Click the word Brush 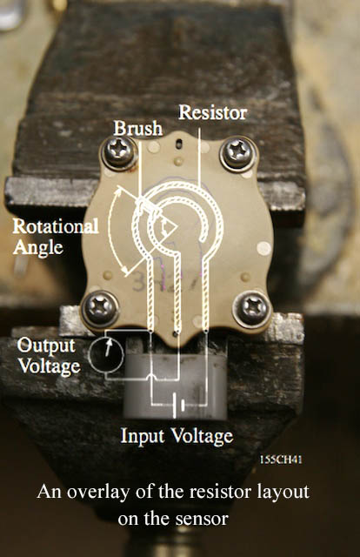click(137, 128)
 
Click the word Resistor click(213, 112)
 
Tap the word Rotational click(56, 226)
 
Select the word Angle click(38, 247)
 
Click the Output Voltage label click(49, 356)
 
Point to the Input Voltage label click(177, 436)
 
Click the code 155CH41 click(281, 460)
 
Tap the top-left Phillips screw click(119, 152)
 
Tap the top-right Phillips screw click(238, 153)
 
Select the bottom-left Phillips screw click(101, 307)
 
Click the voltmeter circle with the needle click(106, 355)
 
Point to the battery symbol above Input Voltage click(178, 405)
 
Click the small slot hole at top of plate click(180, 143)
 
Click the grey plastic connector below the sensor click(176, 384)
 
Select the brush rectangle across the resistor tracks click(148, 206)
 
